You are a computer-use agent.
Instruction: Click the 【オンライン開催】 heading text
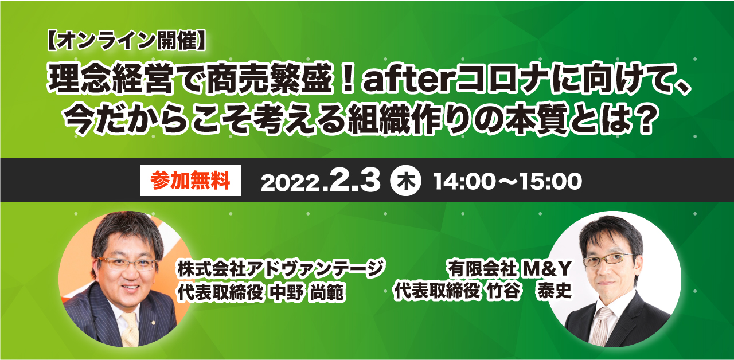point(127,41)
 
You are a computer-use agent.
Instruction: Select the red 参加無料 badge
point(190,181)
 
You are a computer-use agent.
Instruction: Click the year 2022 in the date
point(290,183)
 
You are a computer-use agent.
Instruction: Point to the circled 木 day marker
point(405,181)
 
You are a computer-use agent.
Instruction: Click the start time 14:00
point(464,182)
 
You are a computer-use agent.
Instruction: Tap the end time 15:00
point(551,182)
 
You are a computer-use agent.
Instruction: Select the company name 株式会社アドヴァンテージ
point(281,269)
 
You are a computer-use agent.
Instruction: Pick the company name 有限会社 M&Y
point(510,269)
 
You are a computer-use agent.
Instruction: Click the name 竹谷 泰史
point(529,290)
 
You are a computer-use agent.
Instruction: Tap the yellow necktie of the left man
point(130,329)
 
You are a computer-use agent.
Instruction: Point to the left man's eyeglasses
point(128,263)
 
